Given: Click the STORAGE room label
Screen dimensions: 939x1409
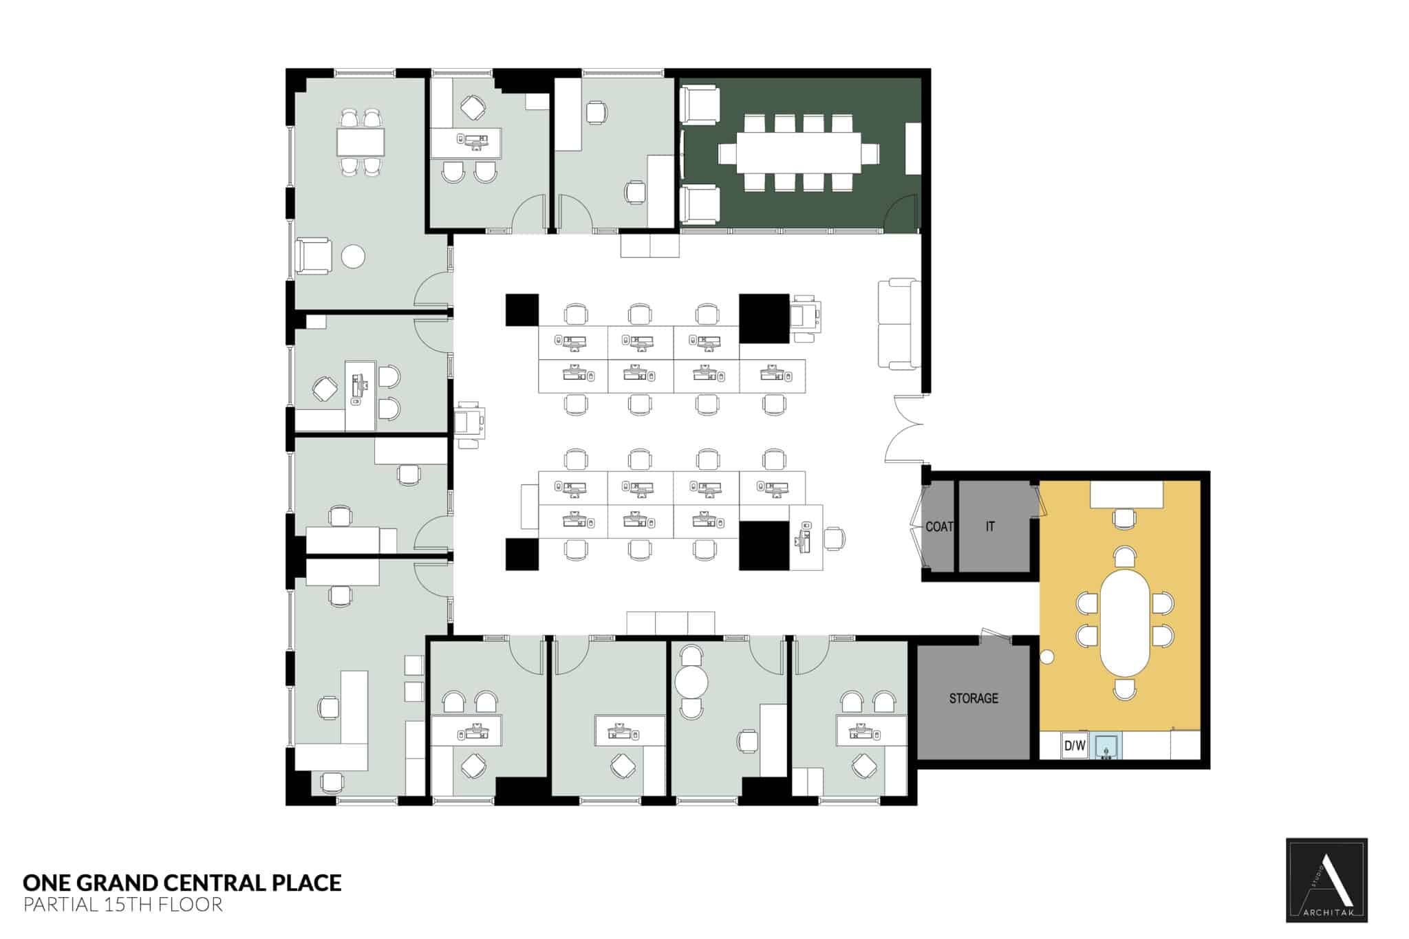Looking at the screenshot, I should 973,698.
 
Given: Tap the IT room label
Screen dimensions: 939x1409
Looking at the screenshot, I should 989,526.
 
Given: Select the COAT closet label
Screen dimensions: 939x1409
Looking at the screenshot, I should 938,527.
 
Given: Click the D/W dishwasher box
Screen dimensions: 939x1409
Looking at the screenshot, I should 1074,746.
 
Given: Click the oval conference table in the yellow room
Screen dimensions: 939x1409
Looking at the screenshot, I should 1125,623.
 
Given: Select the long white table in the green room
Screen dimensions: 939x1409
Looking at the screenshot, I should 798,152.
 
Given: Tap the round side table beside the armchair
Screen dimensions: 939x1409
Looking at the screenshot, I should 353,256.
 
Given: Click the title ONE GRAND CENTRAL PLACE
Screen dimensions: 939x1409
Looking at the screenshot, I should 182,883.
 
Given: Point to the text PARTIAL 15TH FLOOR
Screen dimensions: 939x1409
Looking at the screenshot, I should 123,905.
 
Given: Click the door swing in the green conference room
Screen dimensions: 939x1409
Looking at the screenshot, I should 901,213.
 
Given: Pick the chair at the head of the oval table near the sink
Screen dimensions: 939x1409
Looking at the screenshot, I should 1124,689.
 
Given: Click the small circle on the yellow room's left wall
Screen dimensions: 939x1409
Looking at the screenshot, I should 1046,657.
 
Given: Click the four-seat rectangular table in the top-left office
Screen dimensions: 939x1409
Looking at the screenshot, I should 360,142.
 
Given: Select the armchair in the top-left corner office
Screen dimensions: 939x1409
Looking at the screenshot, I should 314,257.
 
